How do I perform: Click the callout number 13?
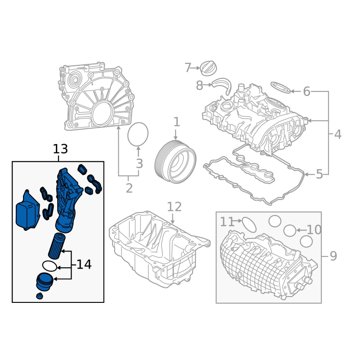click(x=60, y=149)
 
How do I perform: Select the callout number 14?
click(x=84, y=264)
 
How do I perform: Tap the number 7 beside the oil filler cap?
click(x=188, y=68)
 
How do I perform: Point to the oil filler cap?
click(x=209, y=68)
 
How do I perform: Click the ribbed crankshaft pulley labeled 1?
click(x=175, y=162)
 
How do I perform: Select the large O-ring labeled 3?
click(x=138, y=134)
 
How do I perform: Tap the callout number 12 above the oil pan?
click(x=174, y=207)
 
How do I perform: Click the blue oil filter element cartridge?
click(x=57, y=246)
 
